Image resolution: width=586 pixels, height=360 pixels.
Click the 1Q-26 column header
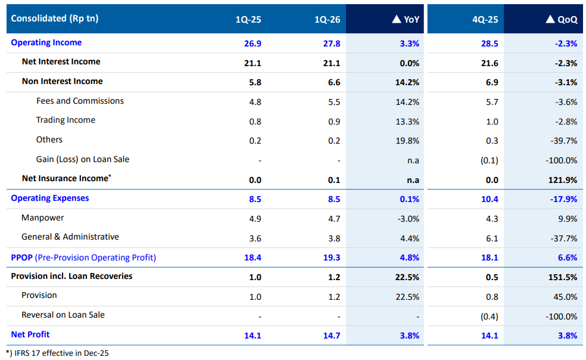click(327, 20)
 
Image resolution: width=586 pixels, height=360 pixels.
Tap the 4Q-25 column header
click(485, 20)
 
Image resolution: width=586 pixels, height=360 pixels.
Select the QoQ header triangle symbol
click(550, 19)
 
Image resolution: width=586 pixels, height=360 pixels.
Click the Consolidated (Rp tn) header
click(55, 18)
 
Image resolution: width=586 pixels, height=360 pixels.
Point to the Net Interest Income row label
click(61, 62)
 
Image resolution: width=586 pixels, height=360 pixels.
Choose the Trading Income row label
click(66, 120)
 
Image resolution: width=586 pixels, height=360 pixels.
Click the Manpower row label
click(43, 218)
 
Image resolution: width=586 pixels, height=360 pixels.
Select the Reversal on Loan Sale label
click(63, 315)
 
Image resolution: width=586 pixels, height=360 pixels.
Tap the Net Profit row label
click(30, 335)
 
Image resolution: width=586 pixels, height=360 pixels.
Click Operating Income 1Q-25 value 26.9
click(253, 44)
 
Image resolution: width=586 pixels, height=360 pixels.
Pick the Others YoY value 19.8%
click(407, 141)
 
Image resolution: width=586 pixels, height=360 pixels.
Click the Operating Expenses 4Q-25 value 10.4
click(488, 199)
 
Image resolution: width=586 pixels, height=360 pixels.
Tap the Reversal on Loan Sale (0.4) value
click(489, 316)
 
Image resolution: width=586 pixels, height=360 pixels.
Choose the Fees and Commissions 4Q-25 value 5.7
click(492, 102)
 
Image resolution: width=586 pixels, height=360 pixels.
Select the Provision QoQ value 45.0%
click(565, 296)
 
